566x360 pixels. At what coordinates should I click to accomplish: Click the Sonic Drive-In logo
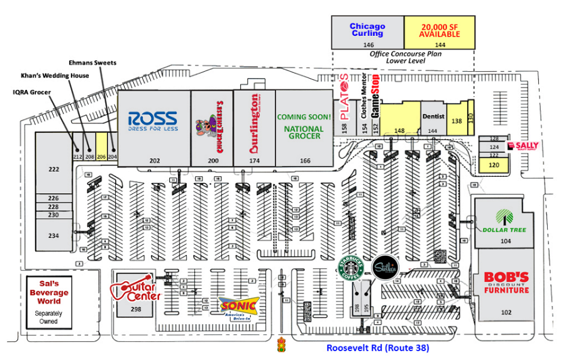(239, 307)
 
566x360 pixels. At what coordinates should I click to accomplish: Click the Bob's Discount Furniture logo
(506, 282)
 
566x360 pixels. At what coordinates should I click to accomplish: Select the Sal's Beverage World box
(49, 301)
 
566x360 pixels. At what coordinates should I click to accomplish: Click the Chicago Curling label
(367, 30)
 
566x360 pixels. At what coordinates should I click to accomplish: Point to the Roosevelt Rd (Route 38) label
(377, 347)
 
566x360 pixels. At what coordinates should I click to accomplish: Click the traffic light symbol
(280, 346)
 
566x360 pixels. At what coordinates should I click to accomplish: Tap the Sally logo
(523, 146)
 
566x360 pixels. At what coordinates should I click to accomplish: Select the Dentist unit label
(433, 116)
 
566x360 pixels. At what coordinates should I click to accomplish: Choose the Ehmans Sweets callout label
(92, 63)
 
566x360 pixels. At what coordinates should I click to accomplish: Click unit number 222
(53, 169)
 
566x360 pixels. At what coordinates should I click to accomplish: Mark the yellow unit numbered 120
(494, 164)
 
